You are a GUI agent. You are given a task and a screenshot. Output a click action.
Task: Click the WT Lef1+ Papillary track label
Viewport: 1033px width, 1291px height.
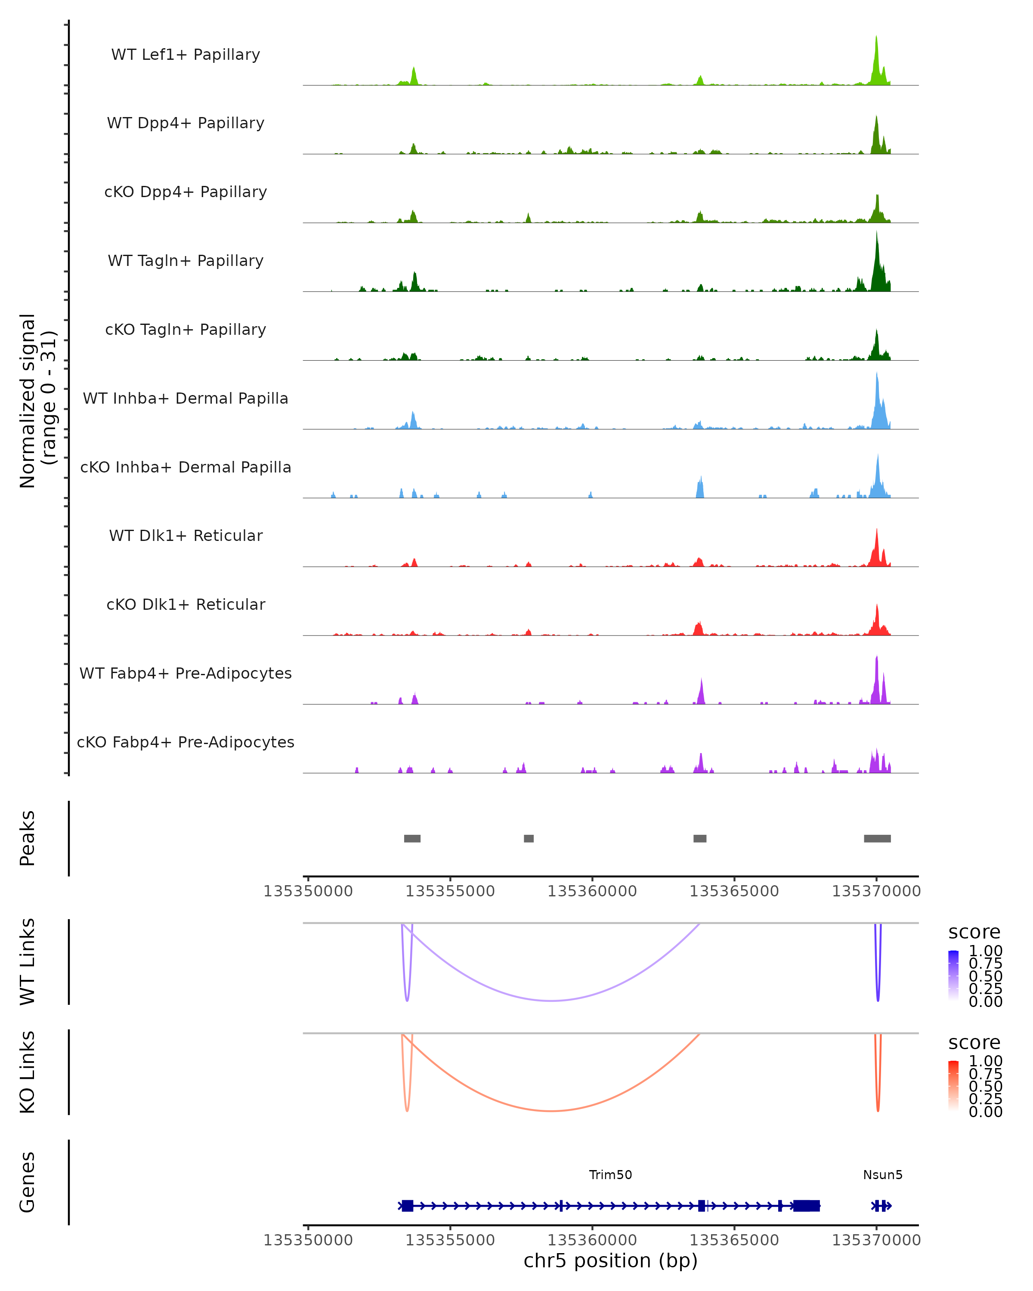186,55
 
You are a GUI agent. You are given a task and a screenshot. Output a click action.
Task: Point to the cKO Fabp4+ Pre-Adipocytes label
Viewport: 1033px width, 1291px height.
186,742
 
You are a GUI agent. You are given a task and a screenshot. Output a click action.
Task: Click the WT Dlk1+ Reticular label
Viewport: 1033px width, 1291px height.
186,536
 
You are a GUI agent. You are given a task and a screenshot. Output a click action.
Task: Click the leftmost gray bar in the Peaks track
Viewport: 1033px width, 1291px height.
412,838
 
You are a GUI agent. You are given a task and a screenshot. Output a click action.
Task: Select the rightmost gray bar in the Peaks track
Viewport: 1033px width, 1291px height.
877,838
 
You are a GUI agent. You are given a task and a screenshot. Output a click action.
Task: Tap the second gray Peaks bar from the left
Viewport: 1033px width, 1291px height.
529,838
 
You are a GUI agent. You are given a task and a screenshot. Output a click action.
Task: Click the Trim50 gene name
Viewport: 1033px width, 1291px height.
610,1175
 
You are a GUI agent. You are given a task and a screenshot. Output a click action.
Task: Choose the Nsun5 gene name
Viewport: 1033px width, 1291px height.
883,1175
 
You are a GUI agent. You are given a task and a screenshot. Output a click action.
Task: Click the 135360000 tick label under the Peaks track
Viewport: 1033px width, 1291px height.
592,891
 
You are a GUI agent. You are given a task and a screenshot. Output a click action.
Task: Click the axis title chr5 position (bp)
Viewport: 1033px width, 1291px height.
610,1260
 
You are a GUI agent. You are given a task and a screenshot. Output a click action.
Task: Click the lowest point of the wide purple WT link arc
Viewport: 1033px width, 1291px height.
551,1001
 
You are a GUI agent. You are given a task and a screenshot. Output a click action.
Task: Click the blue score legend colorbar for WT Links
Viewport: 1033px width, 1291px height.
953,976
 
